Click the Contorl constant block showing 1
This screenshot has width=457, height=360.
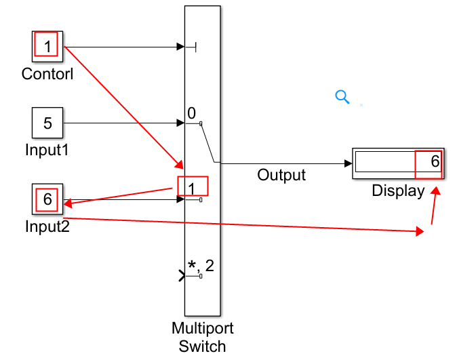(47, 46)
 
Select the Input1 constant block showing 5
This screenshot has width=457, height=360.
(47, 123)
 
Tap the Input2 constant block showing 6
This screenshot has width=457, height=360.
(47, 199)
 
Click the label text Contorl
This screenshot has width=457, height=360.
(47, 73)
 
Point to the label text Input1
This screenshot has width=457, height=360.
(47, 149)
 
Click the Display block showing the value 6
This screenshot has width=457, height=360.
(397, 163)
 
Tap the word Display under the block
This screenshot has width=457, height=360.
(398, 191)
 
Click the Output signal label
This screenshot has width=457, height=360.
(281, 175)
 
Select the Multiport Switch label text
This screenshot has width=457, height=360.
(203, 337)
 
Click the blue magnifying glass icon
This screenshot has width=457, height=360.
(342, 97)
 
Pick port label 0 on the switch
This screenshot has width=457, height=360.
(192, 113)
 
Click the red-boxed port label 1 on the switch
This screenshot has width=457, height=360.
(192, 186)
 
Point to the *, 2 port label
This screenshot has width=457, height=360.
(201, 265)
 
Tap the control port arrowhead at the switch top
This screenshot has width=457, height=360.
(180, 47)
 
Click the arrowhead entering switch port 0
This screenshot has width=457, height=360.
(180, 123)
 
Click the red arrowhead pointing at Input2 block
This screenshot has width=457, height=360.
(68, 201)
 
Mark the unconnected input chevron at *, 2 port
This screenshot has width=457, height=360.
(181, 276)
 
